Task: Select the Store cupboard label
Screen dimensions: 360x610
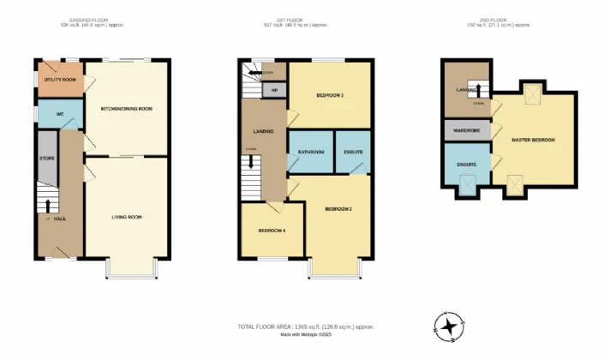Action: click(47, 159)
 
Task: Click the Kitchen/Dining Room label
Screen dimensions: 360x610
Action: click(127, 109)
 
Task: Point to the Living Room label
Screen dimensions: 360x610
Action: click(127, 217)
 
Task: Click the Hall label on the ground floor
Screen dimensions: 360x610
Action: click(60, 219)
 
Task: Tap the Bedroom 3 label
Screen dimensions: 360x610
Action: click(330, 95)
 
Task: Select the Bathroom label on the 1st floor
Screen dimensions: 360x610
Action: click(310, 152)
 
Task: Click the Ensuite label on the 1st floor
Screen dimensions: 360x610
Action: click(353, 152)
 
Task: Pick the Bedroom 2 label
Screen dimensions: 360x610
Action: click(339, 208)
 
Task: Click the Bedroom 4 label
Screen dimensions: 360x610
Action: click(272, 230)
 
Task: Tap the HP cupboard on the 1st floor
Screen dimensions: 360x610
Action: click(274, 89)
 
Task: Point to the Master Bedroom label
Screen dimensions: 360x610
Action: click(533, 140)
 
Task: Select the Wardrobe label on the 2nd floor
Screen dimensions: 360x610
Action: click(466, 131)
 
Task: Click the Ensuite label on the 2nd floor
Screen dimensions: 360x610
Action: click(466, 163)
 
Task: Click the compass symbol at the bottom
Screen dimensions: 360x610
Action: click(448, 326)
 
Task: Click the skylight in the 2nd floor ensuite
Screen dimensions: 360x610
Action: click(469, 183)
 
